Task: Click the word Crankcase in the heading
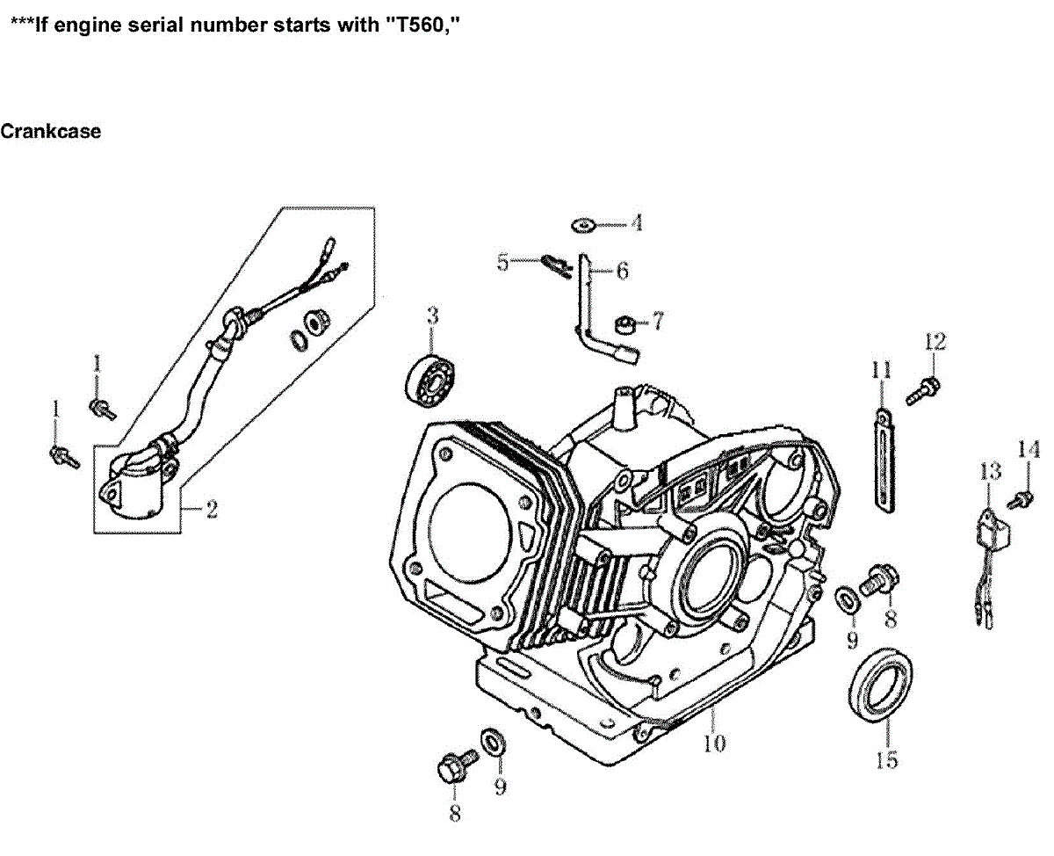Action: click(50, 132)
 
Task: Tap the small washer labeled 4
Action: click(581, 224)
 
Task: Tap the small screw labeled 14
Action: click(1021, 501)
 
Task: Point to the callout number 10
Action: click(714, 744)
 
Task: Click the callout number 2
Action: click(211, 509)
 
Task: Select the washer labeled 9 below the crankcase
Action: click(492, 742)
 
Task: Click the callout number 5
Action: click(502, 262)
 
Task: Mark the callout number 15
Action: click(887, 759)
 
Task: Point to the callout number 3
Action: click(432, 316)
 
